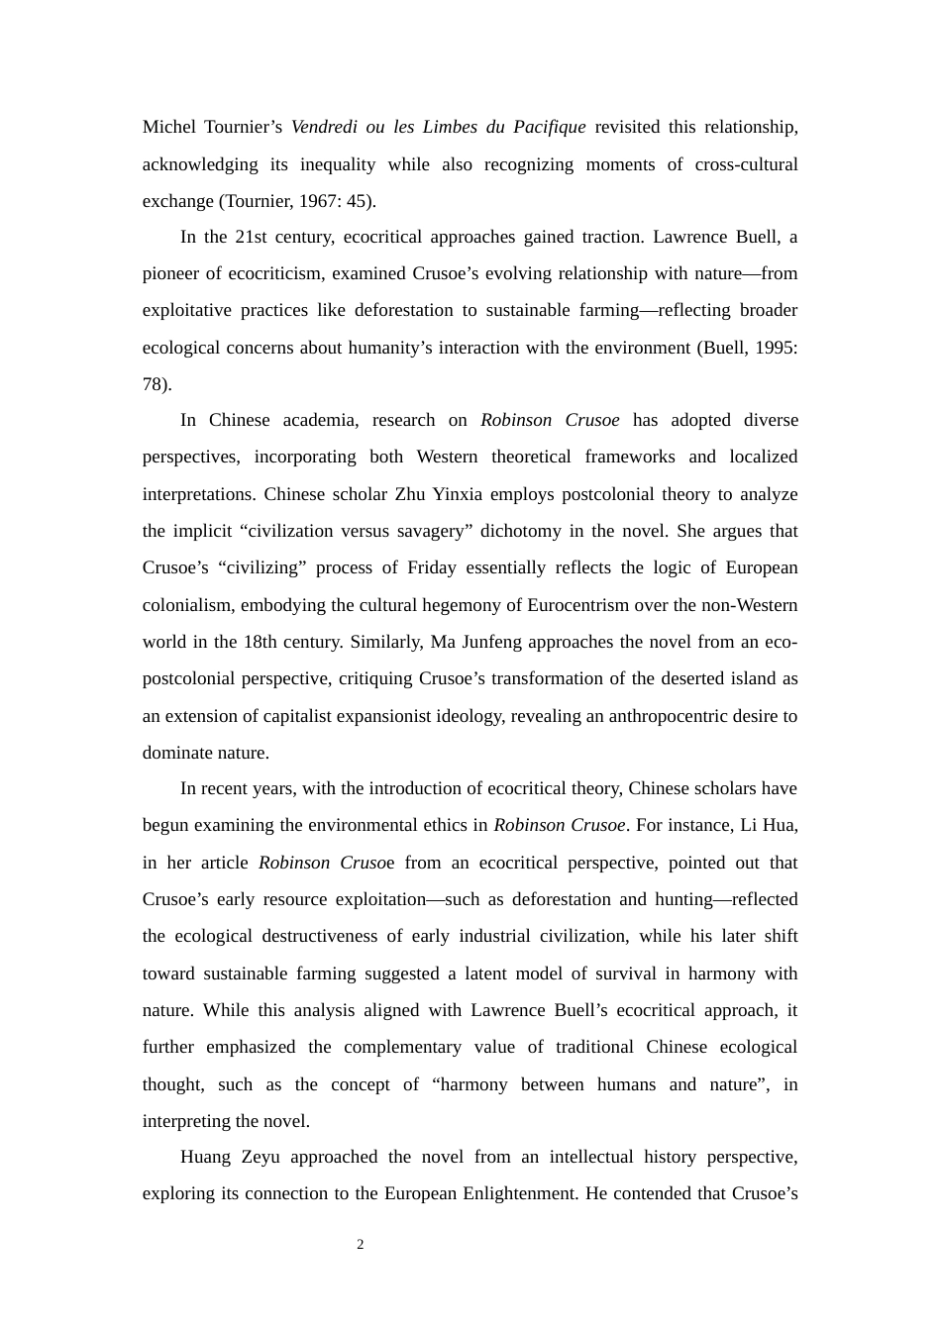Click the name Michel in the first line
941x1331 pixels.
click(x=169, y=127)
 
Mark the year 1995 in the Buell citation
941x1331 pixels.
click(x=774, y=348)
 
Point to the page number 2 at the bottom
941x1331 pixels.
click(x=361, y=1245)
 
